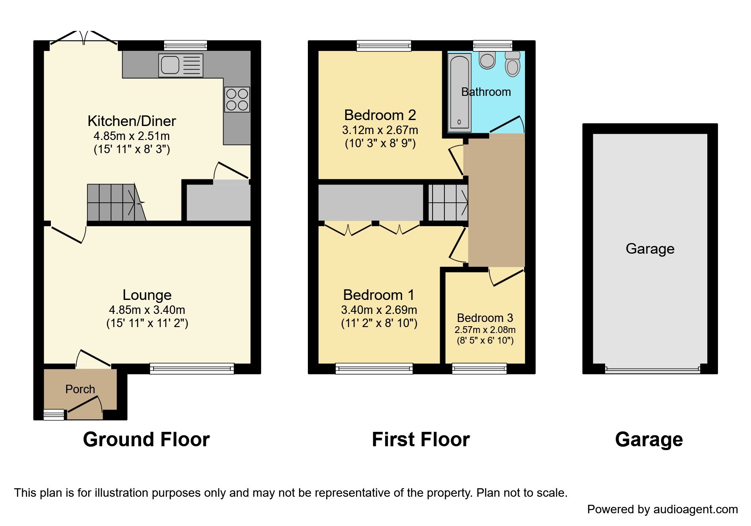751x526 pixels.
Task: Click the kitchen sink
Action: pyautogui.click(x=180, y=65)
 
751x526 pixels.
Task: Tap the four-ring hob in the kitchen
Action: pyautogui.click(x=237, y=99)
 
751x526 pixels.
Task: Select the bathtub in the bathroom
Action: pyautogui.click(x=459, y=91)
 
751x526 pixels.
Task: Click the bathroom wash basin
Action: pyautogui.click(x=487, y=60)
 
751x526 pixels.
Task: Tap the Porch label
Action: pyautogui.click(x=80, y=389)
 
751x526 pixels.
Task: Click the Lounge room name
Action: pyautogui.click(x=147, y=295)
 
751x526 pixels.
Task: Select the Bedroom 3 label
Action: pyautogui.click(x=485, y=318)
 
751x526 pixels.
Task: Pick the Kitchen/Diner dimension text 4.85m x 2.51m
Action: pyautogui.click(x=131, y=136)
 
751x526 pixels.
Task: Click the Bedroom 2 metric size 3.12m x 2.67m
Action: pyautogui.click(x=380, y=130)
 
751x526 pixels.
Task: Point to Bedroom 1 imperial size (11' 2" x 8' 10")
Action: pyautogui.click(x=379, y=323)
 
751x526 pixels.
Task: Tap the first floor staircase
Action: pyautogui.click(x=448, y=202)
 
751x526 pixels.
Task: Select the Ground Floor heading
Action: pyautogui.click(x=146, y=439)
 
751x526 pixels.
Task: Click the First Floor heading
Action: pyautogui.click(x=421, y=439)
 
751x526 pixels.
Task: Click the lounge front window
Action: pyautogui.click(x=192, y=369)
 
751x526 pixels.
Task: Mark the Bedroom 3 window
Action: pyautogui.click(x=479, y=369)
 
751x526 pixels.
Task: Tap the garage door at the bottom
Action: pyautogui.click(x=652, y=370)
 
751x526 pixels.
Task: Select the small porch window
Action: pyautogui.click(x=54, y=414)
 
